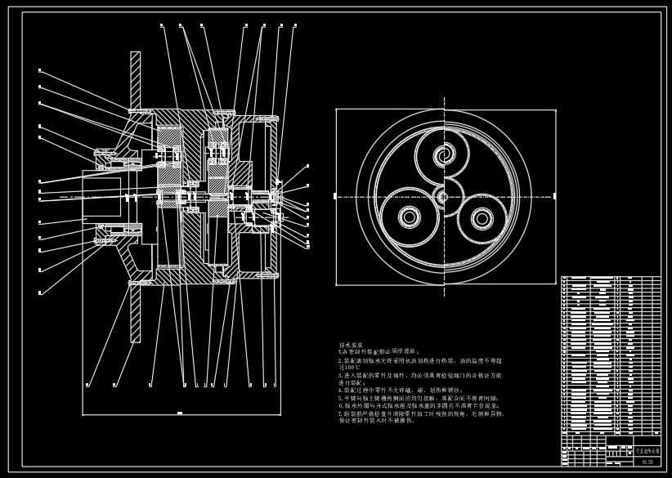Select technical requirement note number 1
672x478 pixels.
tap(379, 351)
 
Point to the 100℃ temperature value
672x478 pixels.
tap(349, 368)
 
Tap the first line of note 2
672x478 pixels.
tap(419, 360)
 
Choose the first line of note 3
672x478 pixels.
tap(419, 376)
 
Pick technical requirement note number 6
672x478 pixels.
tap(419, 405)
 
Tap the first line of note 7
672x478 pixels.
tap(421, 413)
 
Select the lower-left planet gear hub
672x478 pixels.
tap(409, 217)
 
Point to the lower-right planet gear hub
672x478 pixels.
tap(482, 218)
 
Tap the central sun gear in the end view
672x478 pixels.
tap(443, 196)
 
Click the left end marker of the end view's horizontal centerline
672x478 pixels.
tap(336, 196)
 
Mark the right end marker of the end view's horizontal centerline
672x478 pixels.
tap(554, 196)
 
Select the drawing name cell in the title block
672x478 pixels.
tap(647, 450)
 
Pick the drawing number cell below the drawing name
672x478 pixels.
tap(647, 461)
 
